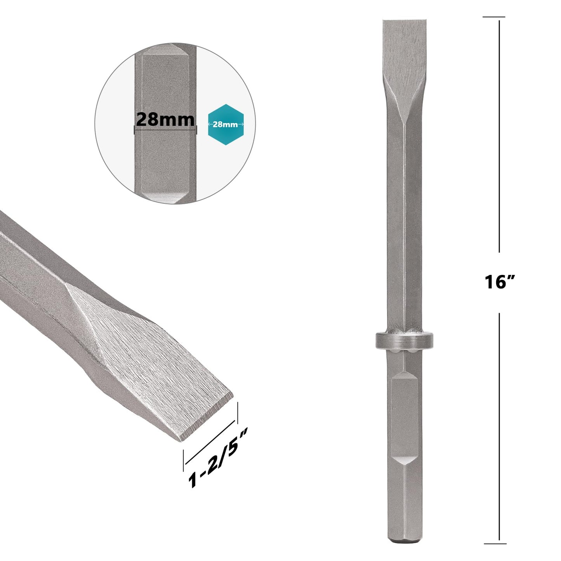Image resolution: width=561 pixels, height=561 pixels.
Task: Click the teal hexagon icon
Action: click(x=226, y=124)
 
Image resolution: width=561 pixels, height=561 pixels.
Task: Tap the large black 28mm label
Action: click(x=165, y=119)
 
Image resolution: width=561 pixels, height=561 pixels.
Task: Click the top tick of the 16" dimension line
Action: click(x=494, y=17)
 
